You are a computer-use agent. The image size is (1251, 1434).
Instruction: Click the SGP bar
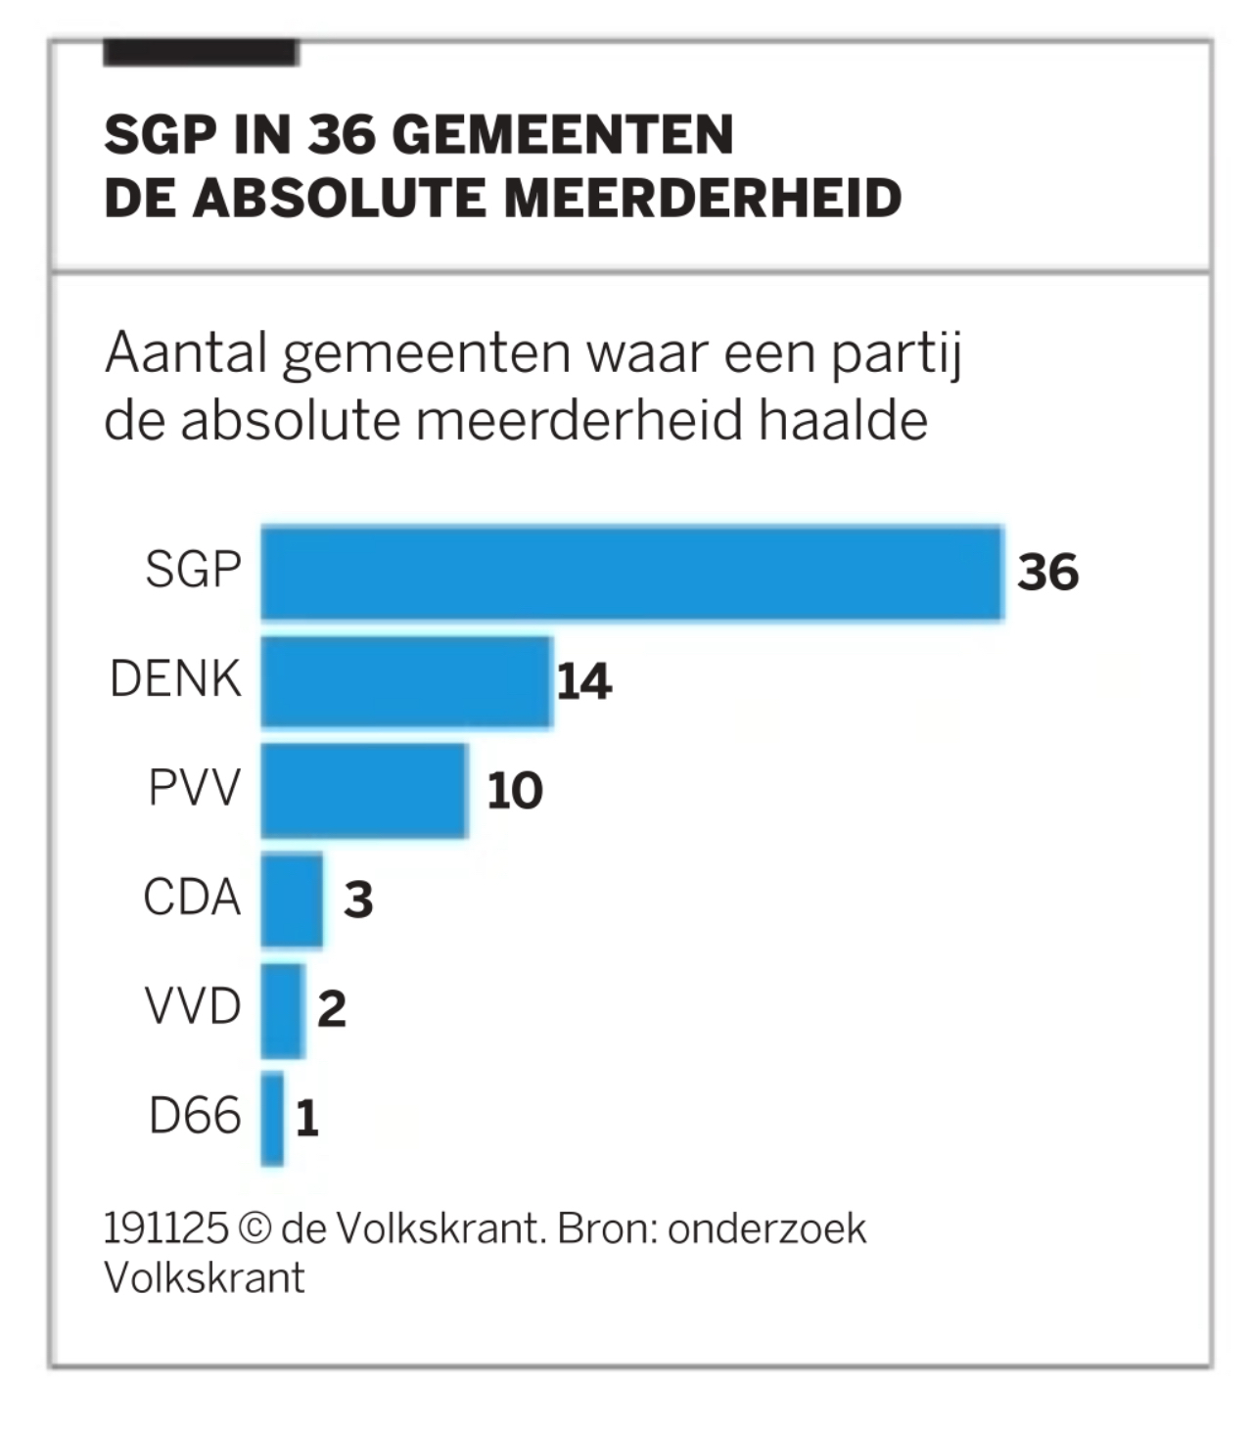click(631, 573)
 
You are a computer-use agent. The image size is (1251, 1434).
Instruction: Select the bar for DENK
click(406, 681)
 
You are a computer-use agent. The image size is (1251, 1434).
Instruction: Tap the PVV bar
click(364, 790)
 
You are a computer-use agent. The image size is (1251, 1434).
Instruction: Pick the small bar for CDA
click(292, 900)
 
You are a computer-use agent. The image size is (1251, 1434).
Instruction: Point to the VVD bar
click(283, 1009)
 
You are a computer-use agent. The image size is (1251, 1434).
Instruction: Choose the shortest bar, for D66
click(272, 1119)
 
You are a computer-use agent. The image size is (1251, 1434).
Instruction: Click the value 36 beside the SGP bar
click(1047, 573)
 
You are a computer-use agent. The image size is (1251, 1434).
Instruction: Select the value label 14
click(584, 682)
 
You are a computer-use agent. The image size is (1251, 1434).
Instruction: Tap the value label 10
click(515, 791)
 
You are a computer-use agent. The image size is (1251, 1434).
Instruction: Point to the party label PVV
click(194, 788)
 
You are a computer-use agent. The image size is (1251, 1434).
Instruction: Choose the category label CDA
click(192, 898)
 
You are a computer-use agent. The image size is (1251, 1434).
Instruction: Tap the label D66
click(195, 1117)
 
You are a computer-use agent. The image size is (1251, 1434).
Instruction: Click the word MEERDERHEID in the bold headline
click(702, 198)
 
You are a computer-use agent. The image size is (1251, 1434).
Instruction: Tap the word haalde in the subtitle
click(844, 422)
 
